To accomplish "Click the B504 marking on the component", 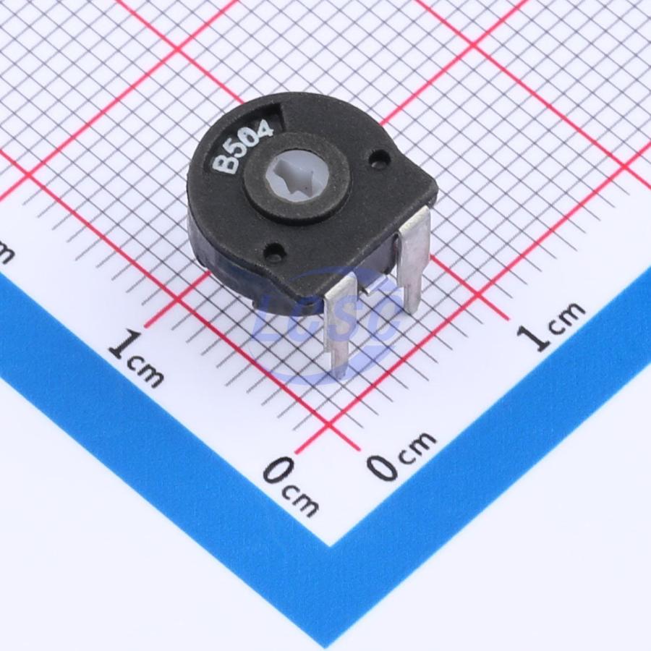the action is [243, 147].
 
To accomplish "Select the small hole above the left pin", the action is [277, 250].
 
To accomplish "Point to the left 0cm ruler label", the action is [291, 486].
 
